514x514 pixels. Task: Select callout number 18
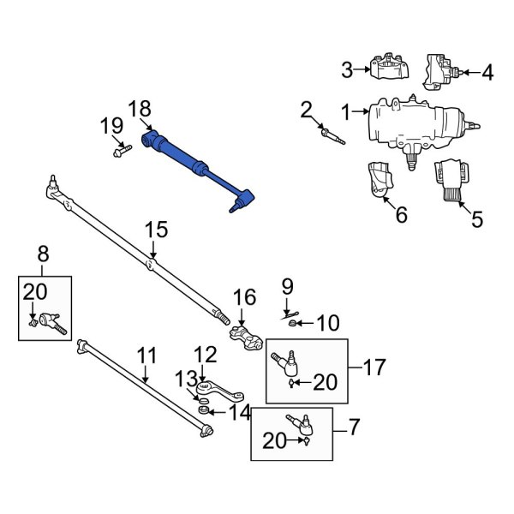pos(139,109)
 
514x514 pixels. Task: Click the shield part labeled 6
pos(377,182)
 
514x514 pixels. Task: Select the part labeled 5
pos(449,182)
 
